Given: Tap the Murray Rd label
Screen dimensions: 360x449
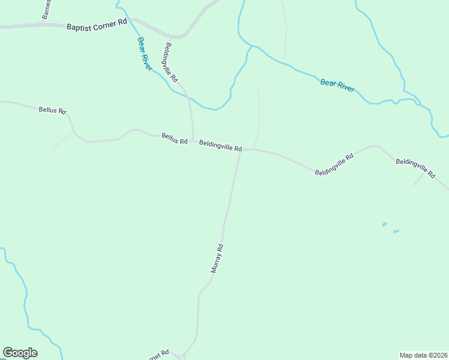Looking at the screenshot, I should point(217,259).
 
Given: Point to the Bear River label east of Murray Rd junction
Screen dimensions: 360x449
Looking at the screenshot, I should point(337,85).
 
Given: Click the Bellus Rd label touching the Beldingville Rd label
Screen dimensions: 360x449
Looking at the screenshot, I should point(175,139).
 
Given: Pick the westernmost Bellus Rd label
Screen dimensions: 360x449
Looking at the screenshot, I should point(52,110).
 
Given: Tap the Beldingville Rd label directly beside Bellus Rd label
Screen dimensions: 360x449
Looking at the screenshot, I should point(220,145).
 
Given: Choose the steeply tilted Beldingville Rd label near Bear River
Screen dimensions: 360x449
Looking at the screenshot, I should point(170,62).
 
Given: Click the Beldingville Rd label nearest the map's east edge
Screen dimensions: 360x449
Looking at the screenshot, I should point(415,167).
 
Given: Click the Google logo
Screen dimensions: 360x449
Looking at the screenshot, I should point(20,353).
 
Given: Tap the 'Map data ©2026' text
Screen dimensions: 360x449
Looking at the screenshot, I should point(423,355).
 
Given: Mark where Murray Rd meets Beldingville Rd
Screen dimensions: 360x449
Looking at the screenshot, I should point(240,151).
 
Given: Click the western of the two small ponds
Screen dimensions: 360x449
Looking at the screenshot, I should point(384,224).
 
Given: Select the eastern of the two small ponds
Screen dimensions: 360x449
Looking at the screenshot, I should point(396,231).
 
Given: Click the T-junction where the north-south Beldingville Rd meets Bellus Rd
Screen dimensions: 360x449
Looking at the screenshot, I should point(193,140).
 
